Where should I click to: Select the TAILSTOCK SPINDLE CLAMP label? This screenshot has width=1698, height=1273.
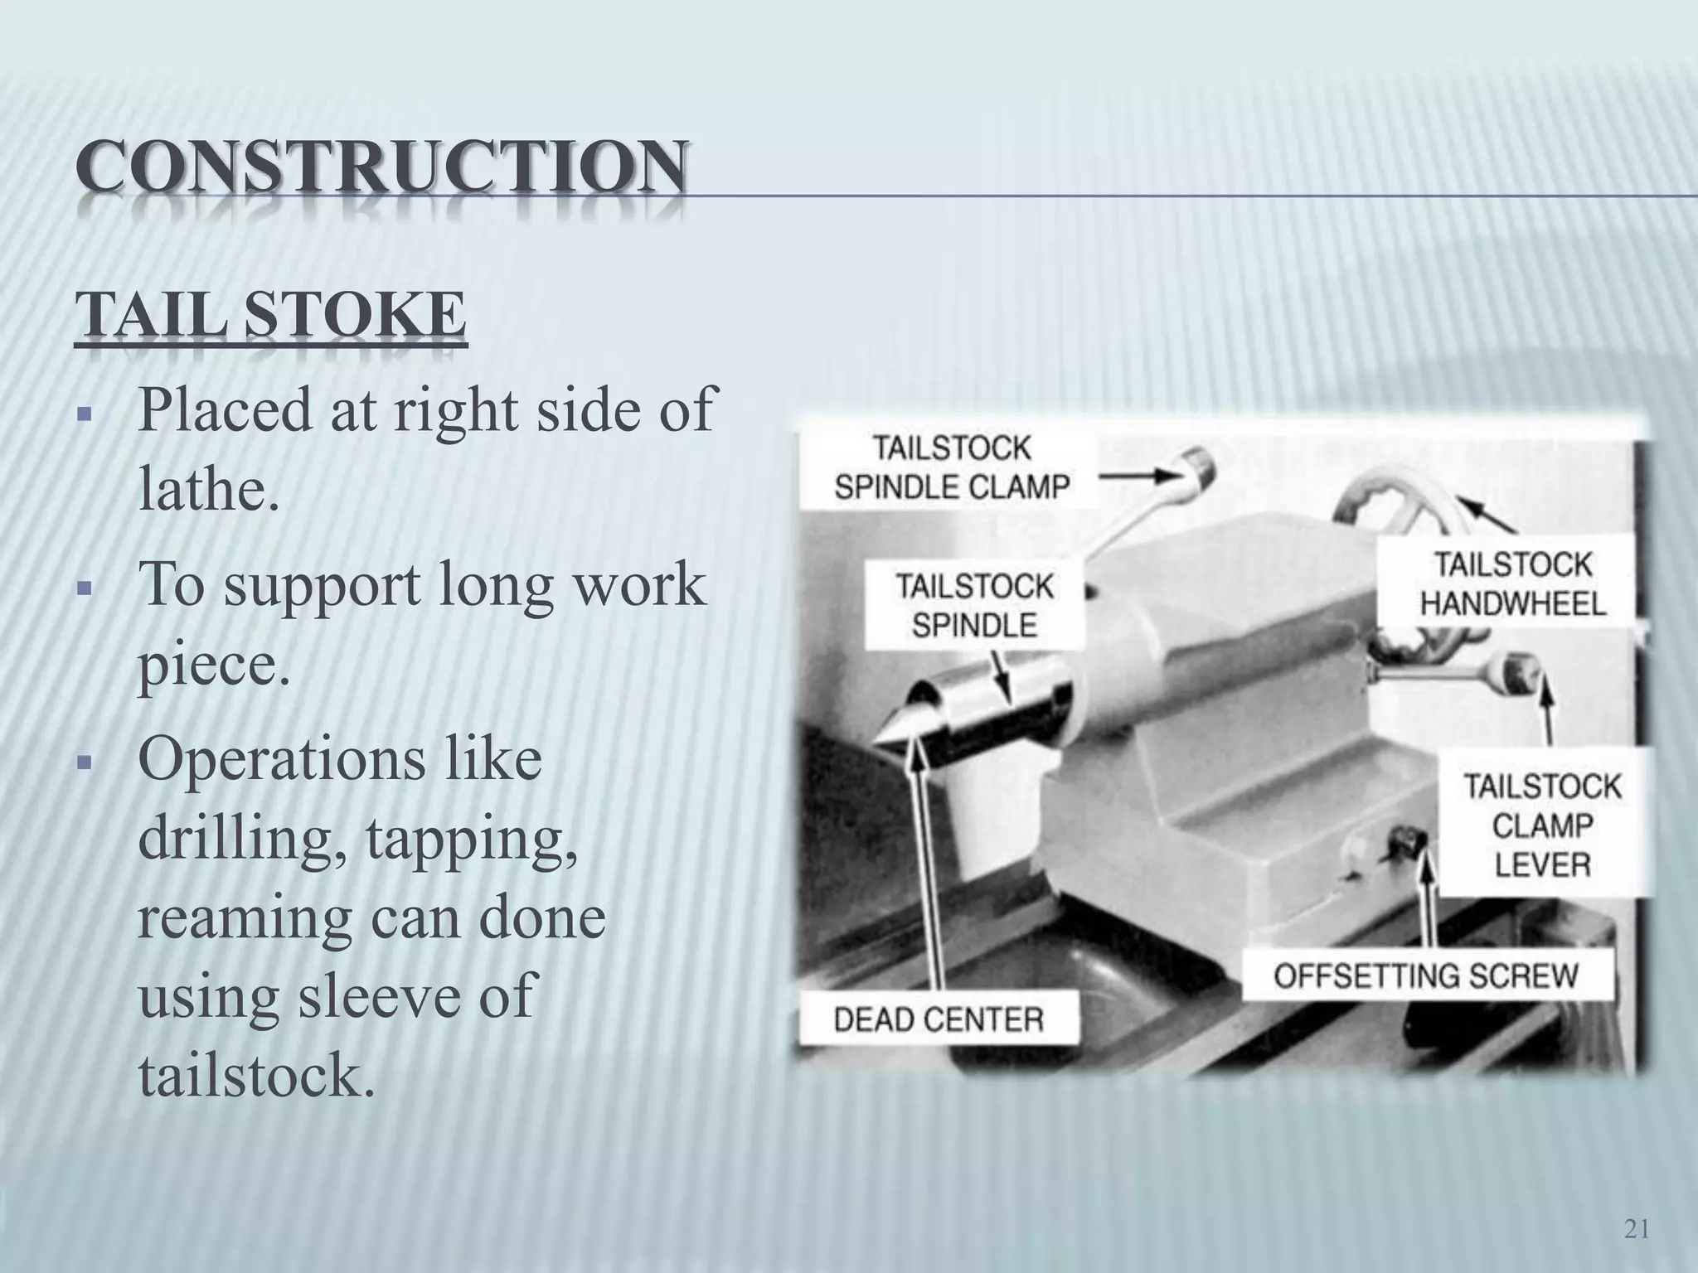pyautogui.click(x=952, y=468)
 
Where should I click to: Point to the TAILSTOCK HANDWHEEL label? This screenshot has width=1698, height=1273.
pyautogui.click(x=1512, y=584)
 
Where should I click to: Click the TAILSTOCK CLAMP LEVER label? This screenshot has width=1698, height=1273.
pyautogui.click(x=1541, y=825)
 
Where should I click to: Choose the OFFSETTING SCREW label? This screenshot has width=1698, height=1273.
pyautogui.click(x=1426, y=975)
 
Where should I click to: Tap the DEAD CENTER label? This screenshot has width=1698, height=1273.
pyautogui.click(x=938, y=1019)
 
